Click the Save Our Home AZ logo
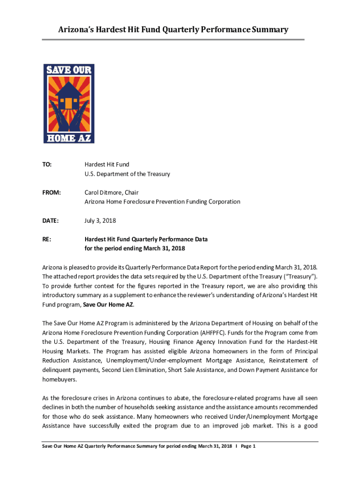(69, 103)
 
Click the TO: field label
(47, 165)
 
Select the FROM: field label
(51, 193)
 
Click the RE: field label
(47, 239)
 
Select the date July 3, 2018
(100, 220)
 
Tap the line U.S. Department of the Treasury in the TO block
(127, 174)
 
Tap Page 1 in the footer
(248, 446)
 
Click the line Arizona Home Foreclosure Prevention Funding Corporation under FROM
(162, 202)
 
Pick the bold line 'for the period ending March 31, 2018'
(135, 248)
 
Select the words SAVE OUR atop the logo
(69, 70)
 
